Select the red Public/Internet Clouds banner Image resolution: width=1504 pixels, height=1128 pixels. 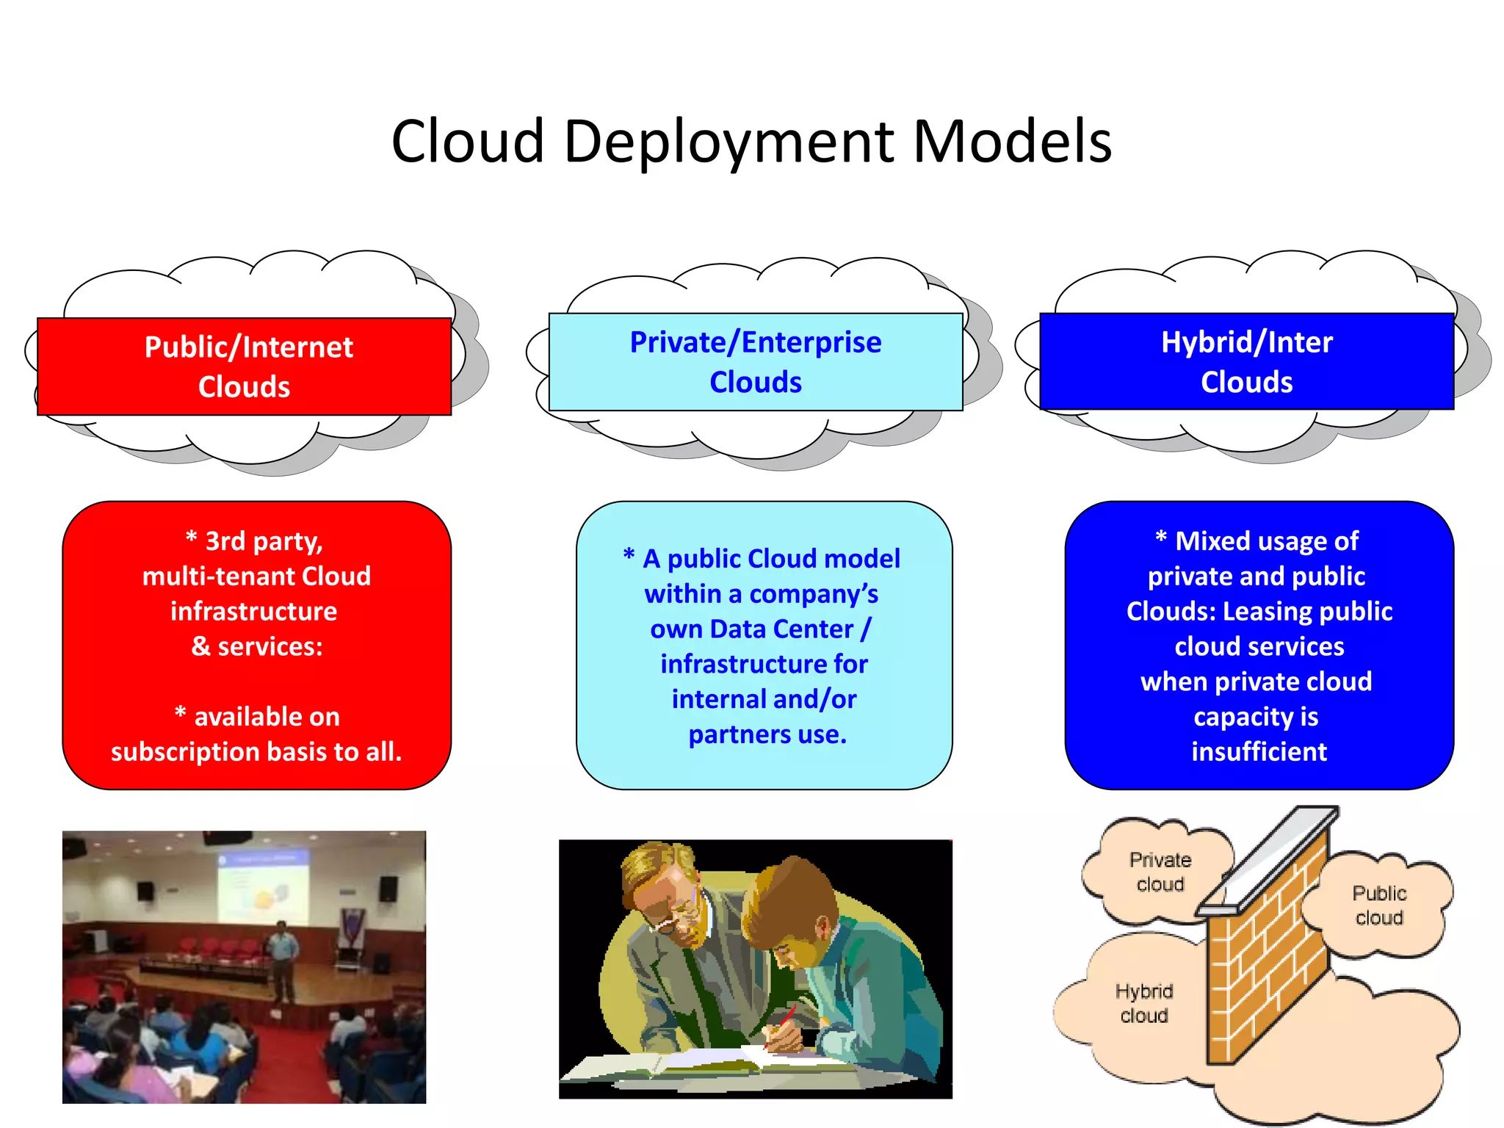tap(244, 366)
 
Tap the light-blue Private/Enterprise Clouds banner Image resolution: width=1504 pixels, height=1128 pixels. tap(755, 362)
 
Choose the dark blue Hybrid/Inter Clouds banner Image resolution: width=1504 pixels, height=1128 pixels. tap(1246, 362)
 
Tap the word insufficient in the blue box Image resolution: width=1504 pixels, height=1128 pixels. tap(1259, 752)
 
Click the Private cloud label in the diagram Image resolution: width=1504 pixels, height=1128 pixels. tap(1160, 872)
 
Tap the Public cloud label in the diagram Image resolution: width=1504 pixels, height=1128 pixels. tap(1378, 905)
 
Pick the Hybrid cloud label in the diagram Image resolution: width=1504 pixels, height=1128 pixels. tap(1143, 1003)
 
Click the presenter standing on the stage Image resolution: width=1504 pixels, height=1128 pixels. tap(280, 958)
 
